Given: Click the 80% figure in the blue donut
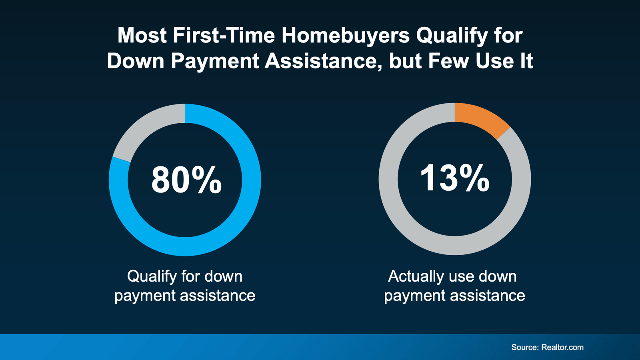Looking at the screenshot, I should click(x=186, y=180).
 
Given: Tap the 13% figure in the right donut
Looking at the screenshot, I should click(x=454, y=178).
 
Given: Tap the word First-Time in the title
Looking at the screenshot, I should click(x=224, y=36).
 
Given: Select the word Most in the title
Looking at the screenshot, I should click(x=142, y=36).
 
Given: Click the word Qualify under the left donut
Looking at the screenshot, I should click(x=152, y=276).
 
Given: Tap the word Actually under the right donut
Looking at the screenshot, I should click(x=416, y=276).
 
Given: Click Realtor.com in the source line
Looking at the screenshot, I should click(x=562, y=347).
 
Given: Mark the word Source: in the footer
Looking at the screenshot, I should click(x=524, y=347).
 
